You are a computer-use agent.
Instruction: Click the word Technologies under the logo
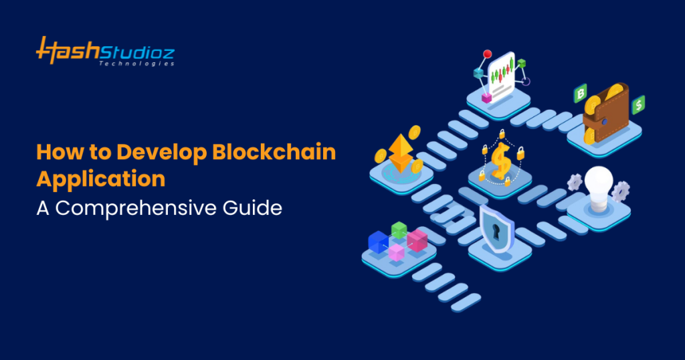[x=136, y=64]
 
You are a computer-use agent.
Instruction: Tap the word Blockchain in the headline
[x=274, y=153]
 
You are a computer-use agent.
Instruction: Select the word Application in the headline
[x=101, y=179]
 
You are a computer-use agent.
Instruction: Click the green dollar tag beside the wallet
[x=639, y=104]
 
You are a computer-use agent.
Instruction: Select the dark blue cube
[x=378, y=242]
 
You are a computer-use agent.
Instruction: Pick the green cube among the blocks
[x=399, y=230]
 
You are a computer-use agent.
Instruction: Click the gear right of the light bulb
[x=621, y=191]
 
